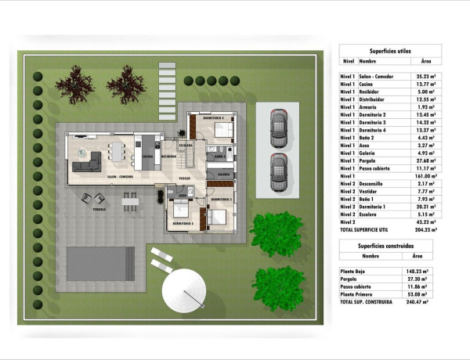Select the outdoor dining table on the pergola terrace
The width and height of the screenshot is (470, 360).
pos(129,202)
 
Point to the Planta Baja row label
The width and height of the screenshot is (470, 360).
pos(355,270)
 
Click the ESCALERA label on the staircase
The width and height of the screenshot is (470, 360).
pos(185,146)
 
